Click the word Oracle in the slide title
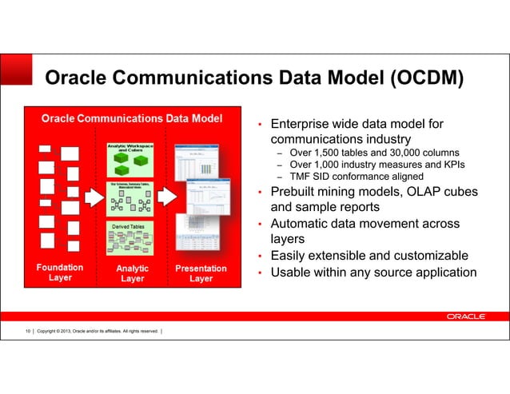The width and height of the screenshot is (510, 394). (79, 78)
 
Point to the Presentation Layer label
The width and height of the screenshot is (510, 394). (201, 273)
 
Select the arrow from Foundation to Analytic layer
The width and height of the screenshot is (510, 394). (94, 197)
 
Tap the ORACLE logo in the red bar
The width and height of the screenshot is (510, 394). (465, 316)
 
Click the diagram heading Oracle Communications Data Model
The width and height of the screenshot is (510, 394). (132, 118)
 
